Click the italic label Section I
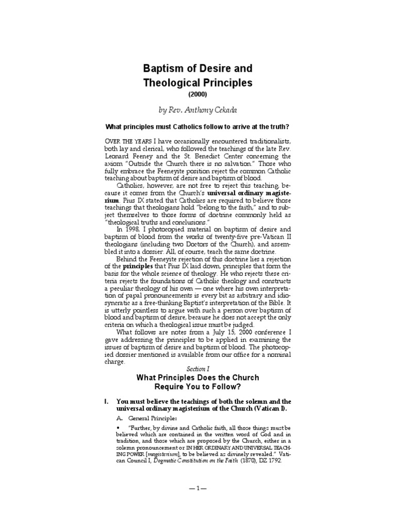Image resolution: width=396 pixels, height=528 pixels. click(197, 368)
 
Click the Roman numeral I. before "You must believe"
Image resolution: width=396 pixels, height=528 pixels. click(106, 402)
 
